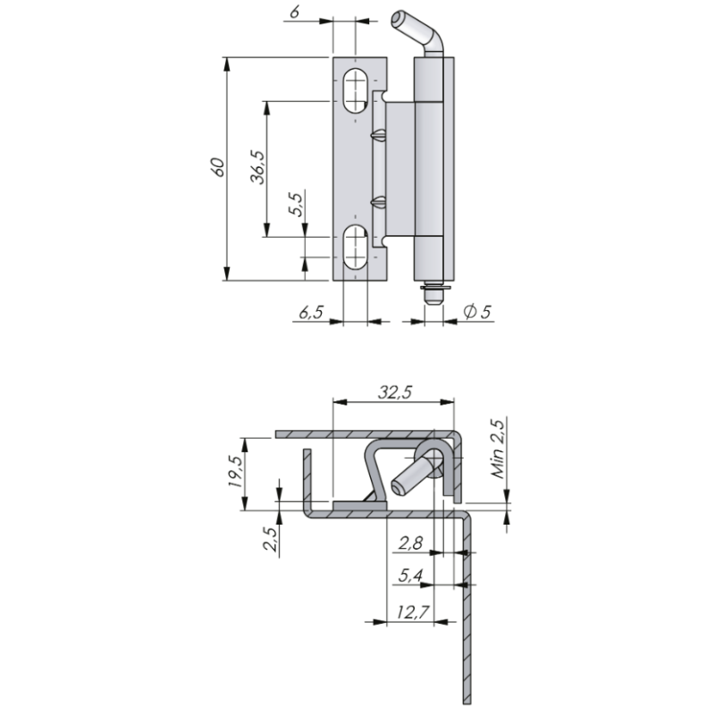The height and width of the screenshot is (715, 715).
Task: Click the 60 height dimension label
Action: [218, 167]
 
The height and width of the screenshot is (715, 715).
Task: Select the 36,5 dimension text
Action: [257, 167]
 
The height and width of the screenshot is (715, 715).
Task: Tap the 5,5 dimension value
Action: [296, 205]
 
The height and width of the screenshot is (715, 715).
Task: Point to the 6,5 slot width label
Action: [310, 312]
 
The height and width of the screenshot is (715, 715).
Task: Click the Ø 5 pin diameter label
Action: [477, 311]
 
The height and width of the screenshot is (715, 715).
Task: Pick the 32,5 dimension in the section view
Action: [395, 391]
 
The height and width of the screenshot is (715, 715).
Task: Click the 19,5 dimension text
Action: [237, 471]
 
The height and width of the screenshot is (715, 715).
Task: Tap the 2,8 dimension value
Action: [410, 543]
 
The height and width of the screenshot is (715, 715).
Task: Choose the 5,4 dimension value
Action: [410, 576]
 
